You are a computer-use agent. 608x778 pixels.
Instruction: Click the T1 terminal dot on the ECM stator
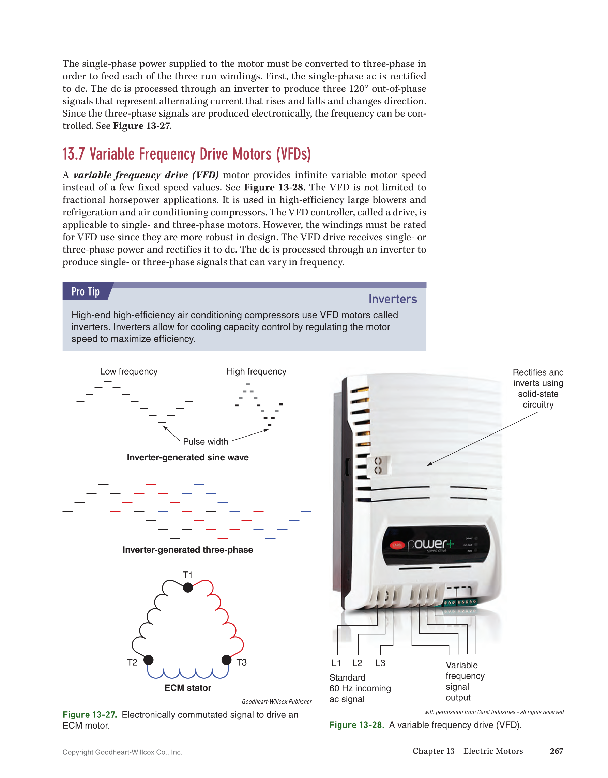pos(188,588)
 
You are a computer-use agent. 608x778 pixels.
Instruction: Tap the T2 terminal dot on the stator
pos(149,660)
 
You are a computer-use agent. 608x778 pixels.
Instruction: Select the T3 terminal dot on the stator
pos(227,660)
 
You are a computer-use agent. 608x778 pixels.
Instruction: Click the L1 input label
pos(336,663)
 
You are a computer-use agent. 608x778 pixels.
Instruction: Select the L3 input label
pos(380,663)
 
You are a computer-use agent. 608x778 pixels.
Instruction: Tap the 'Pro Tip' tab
pos(86,291)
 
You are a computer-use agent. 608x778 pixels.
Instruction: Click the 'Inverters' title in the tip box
pos(393,299)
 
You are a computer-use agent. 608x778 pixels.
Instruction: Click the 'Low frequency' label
pos(128,371)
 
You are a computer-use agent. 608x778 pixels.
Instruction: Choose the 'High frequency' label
pos(256,371)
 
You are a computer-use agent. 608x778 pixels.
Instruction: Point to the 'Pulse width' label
pos(206,442)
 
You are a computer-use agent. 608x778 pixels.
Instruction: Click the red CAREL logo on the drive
pos(397,545)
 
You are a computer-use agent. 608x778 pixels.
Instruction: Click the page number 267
pos(556,751)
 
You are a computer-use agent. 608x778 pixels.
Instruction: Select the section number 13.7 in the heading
pos(74,154)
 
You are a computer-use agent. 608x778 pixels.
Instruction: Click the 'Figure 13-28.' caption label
pos(356,725)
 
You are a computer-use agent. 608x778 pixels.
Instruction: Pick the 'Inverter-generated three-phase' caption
pos(188,550)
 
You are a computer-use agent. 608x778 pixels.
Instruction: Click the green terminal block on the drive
pos(460,602)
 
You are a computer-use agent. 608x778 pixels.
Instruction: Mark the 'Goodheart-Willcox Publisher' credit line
pos(276,701)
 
